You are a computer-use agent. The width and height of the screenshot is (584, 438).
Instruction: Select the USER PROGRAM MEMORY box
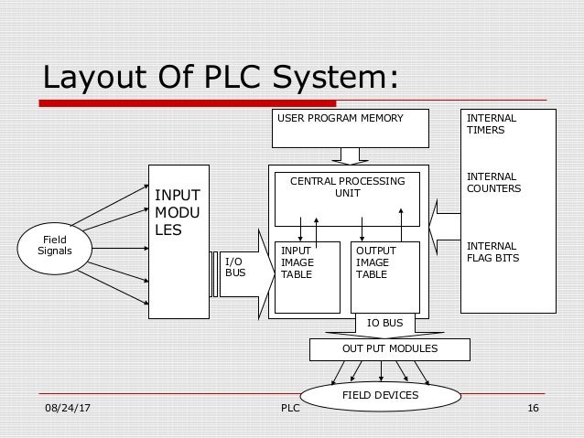tap(351, 128)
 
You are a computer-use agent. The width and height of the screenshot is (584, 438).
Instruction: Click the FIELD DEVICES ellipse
tap(380, 396)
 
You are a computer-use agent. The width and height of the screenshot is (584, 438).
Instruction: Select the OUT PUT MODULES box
tap(389, 349)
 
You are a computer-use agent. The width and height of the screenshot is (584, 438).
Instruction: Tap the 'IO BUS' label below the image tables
tap(384, 324)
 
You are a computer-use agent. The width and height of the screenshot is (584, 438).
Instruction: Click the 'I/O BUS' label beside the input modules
tap(234, 266)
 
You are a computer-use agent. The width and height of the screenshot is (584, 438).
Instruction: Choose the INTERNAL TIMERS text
tap(492, 124)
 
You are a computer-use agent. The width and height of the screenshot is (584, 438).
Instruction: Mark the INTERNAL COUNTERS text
tap(494, 182)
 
